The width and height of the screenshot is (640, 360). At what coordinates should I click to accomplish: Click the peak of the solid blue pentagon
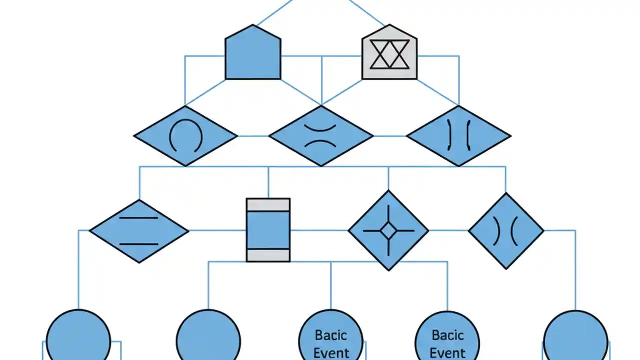(x=253, y=25)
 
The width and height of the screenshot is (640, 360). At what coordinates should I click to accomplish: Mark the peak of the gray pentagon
(x=389, y=25)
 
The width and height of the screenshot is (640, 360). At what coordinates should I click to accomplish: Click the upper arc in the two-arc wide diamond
(x=321, y=127)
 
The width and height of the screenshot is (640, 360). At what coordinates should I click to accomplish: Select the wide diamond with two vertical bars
(x=458, y=135)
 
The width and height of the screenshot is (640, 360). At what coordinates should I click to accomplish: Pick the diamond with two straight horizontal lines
(x=139, y=231)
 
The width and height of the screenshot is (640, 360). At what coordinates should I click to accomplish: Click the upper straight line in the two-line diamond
(x=139, y=218)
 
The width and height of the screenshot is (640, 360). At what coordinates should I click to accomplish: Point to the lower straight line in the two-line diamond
(x=139, y=244)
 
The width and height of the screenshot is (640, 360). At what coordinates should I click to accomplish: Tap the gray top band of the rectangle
(x=268, y=204)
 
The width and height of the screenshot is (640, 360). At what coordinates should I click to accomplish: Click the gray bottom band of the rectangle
(x=268, y=255)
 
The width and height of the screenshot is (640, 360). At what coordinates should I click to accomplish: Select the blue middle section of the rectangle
(x=268, y=230)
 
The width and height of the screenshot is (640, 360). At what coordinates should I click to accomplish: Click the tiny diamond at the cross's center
(x=388, y=231)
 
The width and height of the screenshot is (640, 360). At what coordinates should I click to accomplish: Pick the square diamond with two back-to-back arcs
(x=506, y=231)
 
